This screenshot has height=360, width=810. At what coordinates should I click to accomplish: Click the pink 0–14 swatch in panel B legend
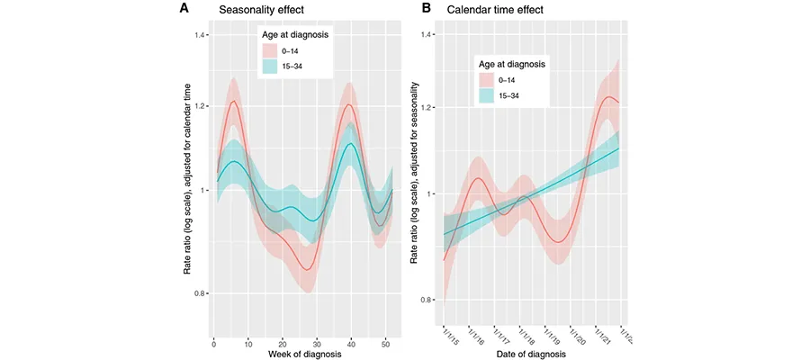[x=486, y=79]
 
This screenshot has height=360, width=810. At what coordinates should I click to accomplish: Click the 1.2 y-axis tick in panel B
[x=421, y=108]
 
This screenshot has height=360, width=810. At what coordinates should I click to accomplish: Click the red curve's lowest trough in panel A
[x=307, y=269]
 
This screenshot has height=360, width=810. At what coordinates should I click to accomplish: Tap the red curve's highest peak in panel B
[x=608, y=97]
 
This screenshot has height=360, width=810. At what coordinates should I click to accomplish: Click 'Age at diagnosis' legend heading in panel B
[x=510, y=64]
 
